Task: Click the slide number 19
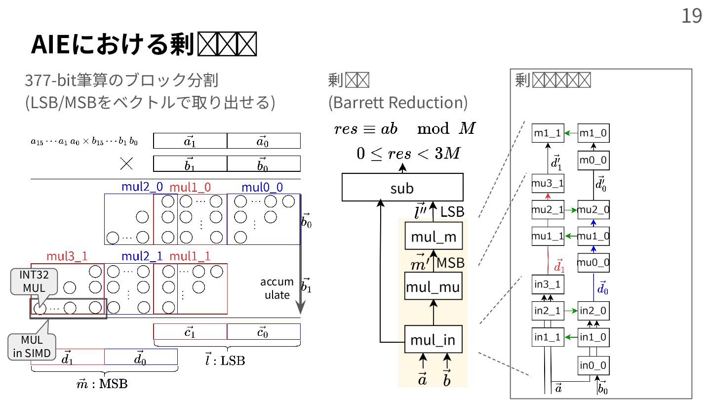click(692, 16)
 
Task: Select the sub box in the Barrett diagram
click(402, 188)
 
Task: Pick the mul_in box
click(433, 340)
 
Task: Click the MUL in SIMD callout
click(32, 346)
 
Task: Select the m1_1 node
click(548, 133)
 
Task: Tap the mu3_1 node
click(548, 184)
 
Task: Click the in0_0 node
click(593, 366)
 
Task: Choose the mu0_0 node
click(593, 262)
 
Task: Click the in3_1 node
click(548, 284)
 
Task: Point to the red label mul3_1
click(67, 256)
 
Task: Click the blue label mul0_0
click(262, 187)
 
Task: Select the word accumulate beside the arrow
click(277, 288)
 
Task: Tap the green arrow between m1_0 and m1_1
click(571, 133)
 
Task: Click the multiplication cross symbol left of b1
click(126, 163)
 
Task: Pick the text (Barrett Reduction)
click(397, 102)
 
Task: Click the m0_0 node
click(593, 160)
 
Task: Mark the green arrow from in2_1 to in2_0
click(571, 311)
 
